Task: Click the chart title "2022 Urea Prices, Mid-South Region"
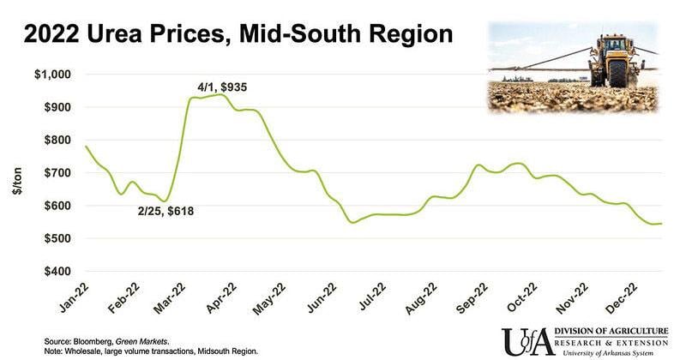(x=238, y=36)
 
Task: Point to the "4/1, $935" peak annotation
(x=225, y=86)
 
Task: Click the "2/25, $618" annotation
(x=167, y=211)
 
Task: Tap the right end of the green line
(x=661, y=224)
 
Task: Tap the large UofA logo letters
(x=526, y=341)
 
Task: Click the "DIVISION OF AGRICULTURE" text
(x=610, y=333)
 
